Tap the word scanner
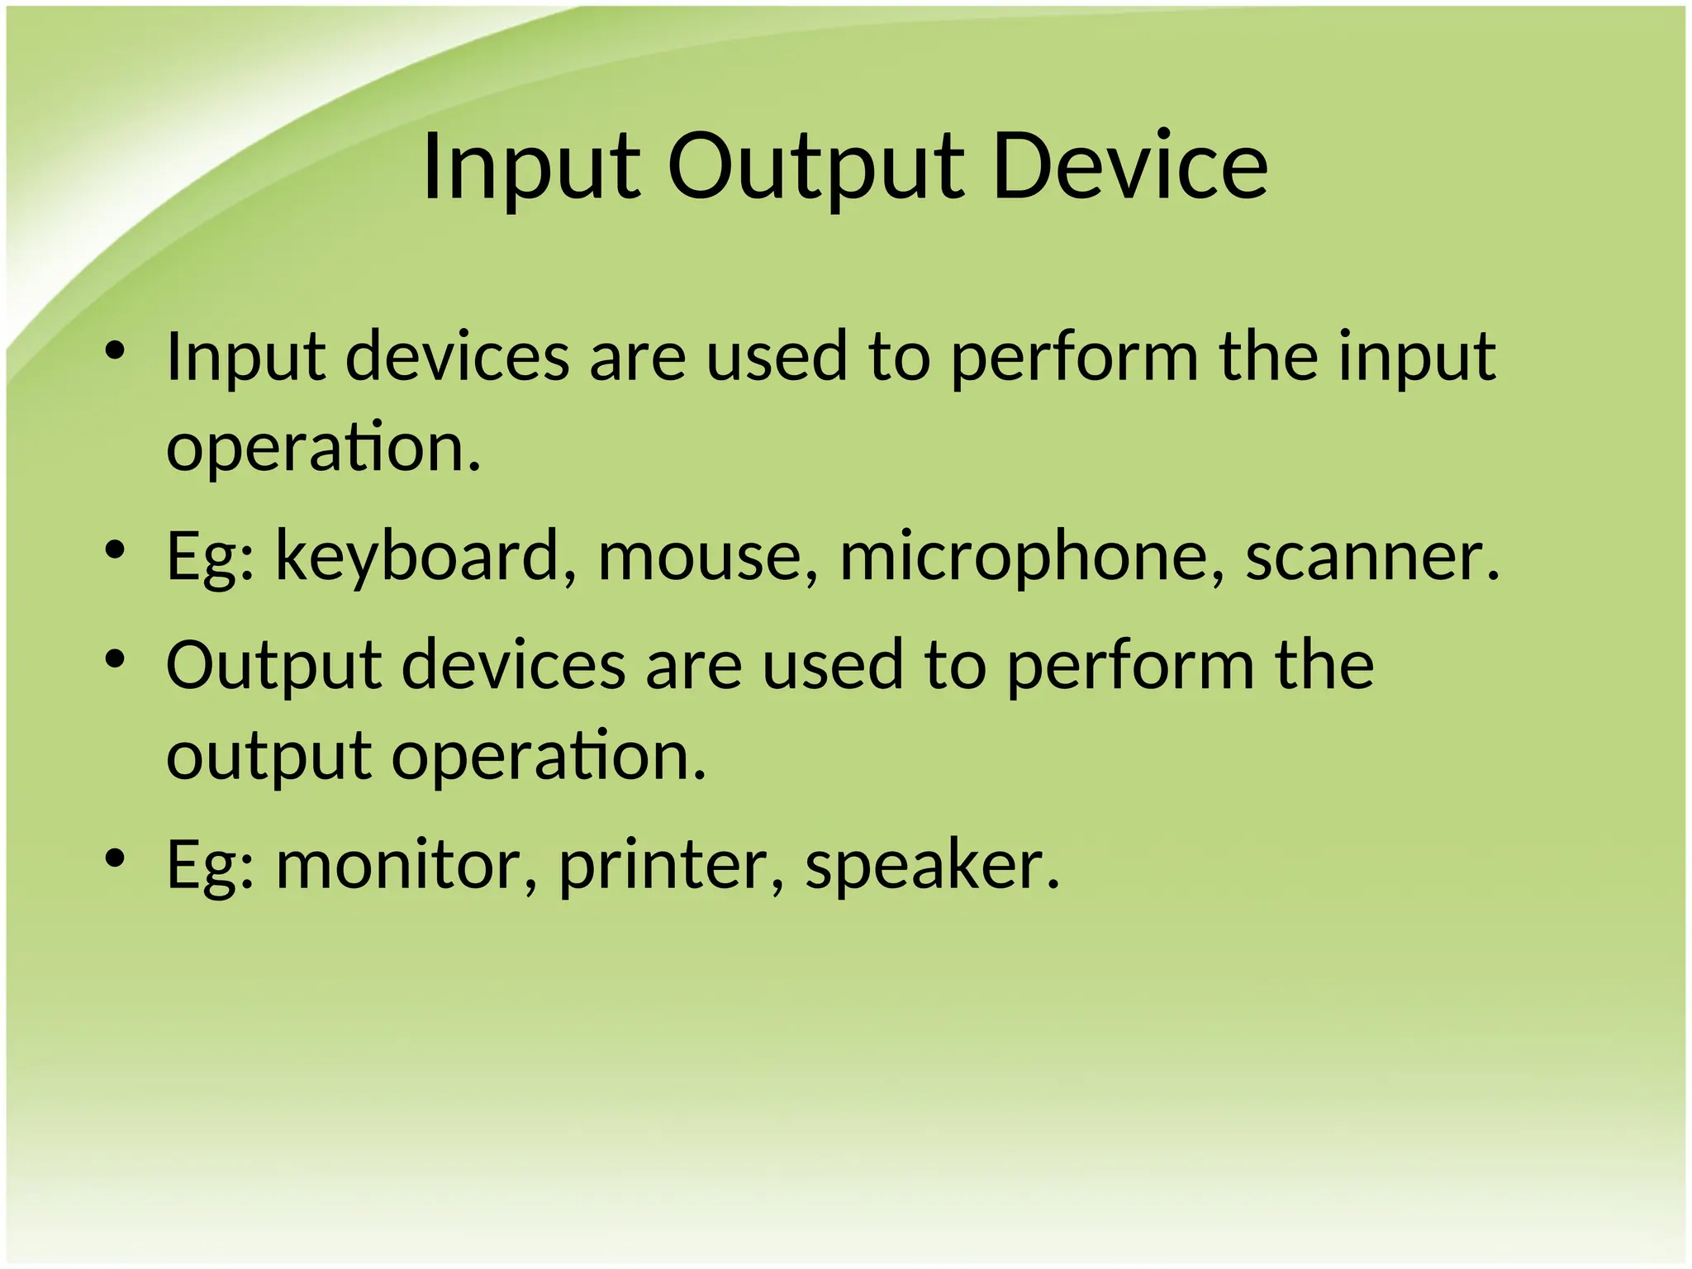click(x=1371, y=556)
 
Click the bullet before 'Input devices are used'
click(x=115, y=351)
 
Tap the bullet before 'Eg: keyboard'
click(x=115, y=549)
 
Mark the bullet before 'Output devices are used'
click(x=115, y=658)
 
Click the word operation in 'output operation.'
click(x=549, y=756)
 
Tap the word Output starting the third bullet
click(x=273, y=664)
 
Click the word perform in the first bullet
click(x=1074, y=356)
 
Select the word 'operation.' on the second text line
click(x=323, y=447)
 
